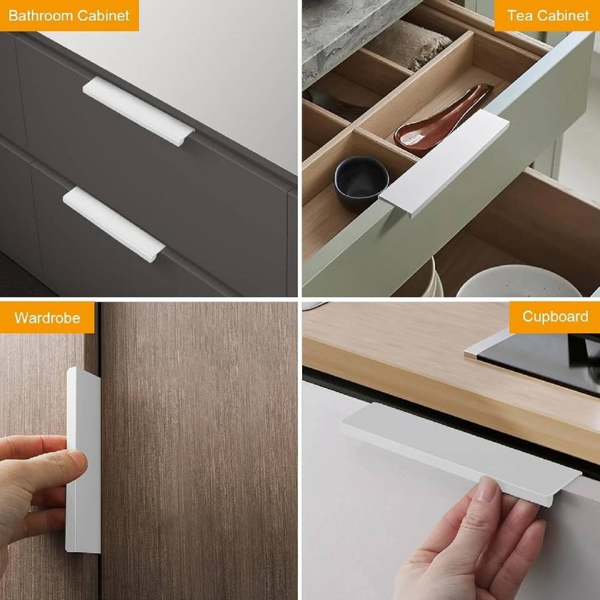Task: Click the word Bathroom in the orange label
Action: pos(41,16)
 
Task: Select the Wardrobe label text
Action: pos(47,318)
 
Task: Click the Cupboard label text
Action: pos(555,317)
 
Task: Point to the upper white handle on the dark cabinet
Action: pos(139,111)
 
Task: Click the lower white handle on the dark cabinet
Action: pos(114,225)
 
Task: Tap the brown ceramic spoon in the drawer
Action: pos(443,119)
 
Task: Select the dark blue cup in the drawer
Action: pos(361,182)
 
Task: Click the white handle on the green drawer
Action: pos(444,163)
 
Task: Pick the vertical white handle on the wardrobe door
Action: pos(83,460)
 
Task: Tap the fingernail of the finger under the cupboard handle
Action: pos(486,488)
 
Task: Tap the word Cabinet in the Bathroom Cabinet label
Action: pos(103,16)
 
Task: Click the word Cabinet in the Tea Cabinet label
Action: pos(563,16)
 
